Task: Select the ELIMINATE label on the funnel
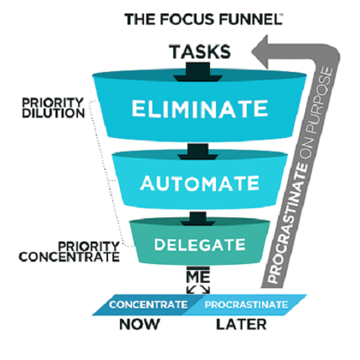(198, 108)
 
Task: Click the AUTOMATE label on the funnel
(198, 182)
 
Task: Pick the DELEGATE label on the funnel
(199, 244)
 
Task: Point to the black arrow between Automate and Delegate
(199, 217)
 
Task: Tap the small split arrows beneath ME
(199, 289)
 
